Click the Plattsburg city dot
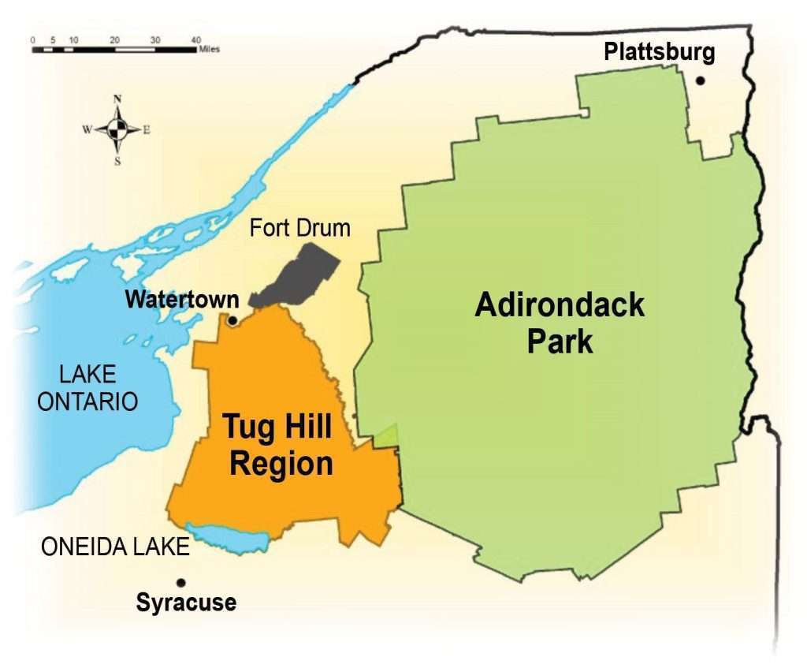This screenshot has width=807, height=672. click(x=700, y=80)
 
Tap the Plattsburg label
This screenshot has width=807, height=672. click(x=660, y=53)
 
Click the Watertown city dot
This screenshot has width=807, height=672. click(x=232, y=320)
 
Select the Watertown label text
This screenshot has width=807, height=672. click(x=181, y=300)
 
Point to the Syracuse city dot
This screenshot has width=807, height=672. click(x=181, y=583)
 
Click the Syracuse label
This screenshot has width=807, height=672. click(x=186, y=603)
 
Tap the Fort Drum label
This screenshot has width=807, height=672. click(x=299, y=230)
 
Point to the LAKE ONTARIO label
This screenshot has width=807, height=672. click(x=87, y=387)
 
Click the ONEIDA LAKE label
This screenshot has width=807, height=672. click(x=115, y=547)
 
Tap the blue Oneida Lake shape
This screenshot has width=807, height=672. click(x=229, y=539)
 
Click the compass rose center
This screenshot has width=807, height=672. click(x=117, y=129)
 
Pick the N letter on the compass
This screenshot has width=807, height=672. click(x=117, y=99)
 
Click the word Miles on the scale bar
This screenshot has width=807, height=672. click(x=209, y=49)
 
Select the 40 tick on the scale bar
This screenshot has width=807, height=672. click(x=195, y=39)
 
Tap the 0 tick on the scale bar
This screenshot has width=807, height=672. click(x=33, y=39)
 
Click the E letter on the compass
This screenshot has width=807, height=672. click(x=147, y=129)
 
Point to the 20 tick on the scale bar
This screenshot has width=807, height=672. click(x=114, y=39)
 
